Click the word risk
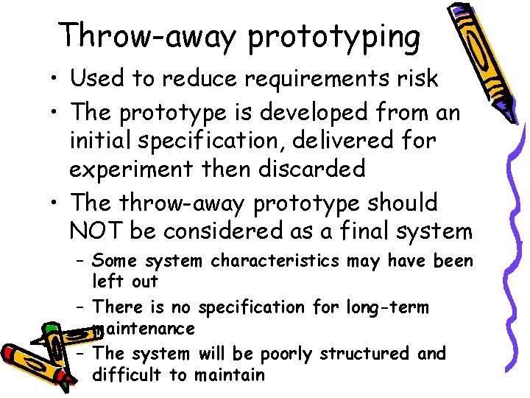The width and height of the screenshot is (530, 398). (416, 78)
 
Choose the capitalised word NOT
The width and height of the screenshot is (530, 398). (96, 231)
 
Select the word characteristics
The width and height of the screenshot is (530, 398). (275, 261)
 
